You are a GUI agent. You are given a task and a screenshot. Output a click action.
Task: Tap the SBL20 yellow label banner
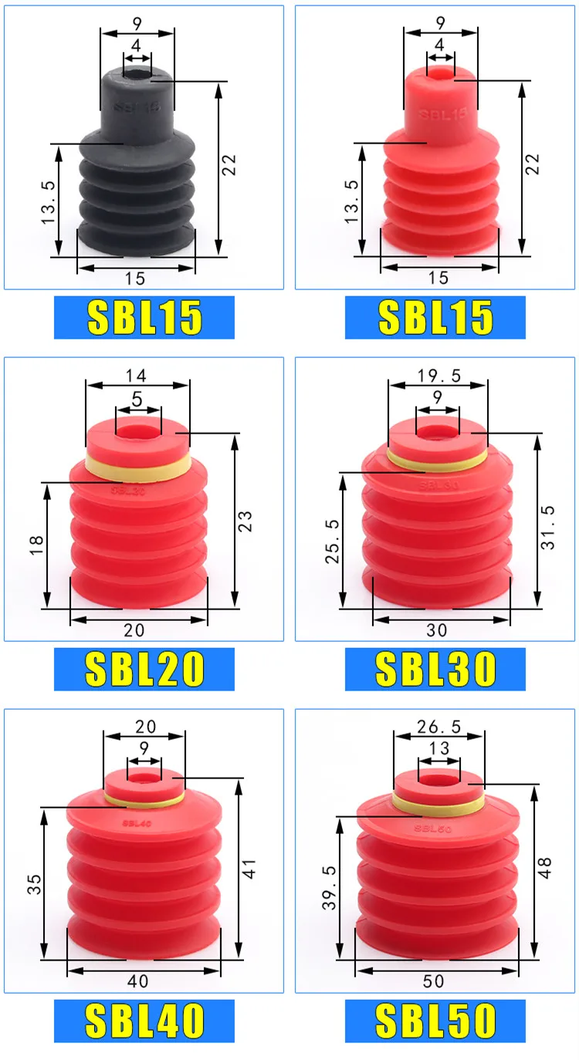[144, 669]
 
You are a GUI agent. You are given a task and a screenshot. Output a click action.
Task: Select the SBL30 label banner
[435, 669]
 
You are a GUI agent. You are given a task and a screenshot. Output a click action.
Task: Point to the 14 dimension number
[136, 376]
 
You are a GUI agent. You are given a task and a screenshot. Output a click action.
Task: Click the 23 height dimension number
[245, 521]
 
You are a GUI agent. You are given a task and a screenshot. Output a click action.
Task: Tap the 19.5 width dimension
[438, 376]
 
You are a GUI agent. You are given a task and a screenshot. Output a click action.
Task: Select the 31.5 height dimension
[548, 527]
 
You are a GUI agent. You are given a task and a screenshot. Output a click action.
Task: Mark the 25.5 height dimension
[332, 541]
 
